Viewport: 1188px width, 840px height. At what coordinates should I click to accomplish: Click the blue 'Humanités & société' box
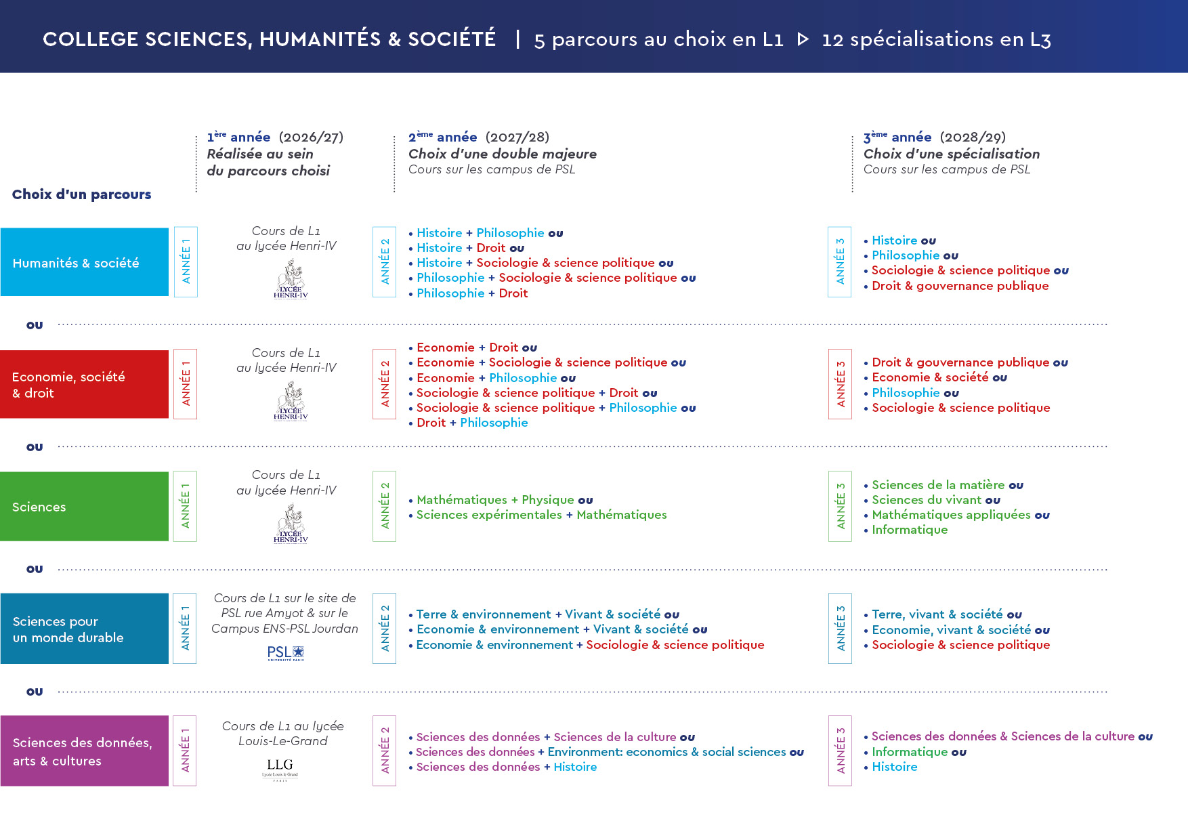tap(84, 262)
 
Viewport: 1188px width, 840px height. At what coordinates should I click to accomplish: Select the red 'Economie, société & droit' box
tap(84, 384)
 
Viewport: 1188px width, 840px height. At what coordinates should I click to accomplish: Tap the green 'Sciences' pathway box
tap(84, 507)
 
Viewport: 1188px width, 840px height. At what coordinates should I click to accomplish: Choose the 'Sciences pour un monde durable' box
tap(84, 629)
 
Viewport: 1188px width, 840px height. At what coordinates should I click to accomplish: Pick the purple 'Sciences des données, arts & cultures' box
tap(84, 751)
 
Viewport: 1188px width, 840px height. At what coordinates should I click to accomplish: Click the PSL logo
tap(286, 653)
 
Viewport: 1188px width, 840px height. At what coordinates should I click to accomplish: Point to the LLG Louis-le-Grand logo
tap(280, 769)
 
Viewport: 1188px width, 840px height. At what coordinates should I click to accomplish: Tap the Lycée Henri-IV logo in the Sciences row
tap(291, 524)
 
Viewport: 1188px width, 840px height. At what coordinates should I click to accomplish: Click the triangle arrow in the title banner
tap(803, 39)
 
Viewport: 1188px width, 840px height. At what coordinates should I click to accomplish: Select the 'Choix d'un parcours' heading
tap(81, 194)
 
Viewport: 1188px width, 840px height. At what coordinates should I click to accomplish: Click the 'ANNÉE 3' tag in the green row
tap(840, 506)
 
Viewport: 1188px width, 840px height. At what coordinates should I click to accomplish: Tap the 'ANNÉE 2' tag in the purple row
tap(384, 751)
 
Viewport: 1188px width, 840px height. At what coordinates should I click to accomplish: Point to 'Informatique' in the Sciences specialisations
tap(910, 530)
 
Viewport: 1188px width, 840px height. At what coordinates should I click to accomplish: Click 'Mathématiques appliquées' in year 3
tap(951, 515)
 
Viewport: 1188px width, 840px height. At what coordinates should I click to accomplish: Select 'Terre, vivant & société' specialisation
tap(937, 614)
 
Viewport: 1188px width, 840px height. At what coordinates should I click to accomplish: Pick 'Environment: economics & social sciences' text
tap(666, 752)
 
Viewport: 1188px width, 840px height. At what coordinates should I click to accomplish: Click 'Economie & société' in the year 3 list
tap(930, 377)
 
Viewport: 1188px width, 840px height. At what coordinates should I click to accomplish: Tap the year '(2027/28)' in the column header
tap(517, 138)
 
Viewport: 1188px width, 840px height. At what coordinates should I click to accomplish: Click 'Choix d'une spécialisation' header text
tap(951, 154)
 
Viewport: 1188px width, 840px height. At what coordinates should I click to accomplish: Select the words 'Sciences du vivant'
tap(926, 500)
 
